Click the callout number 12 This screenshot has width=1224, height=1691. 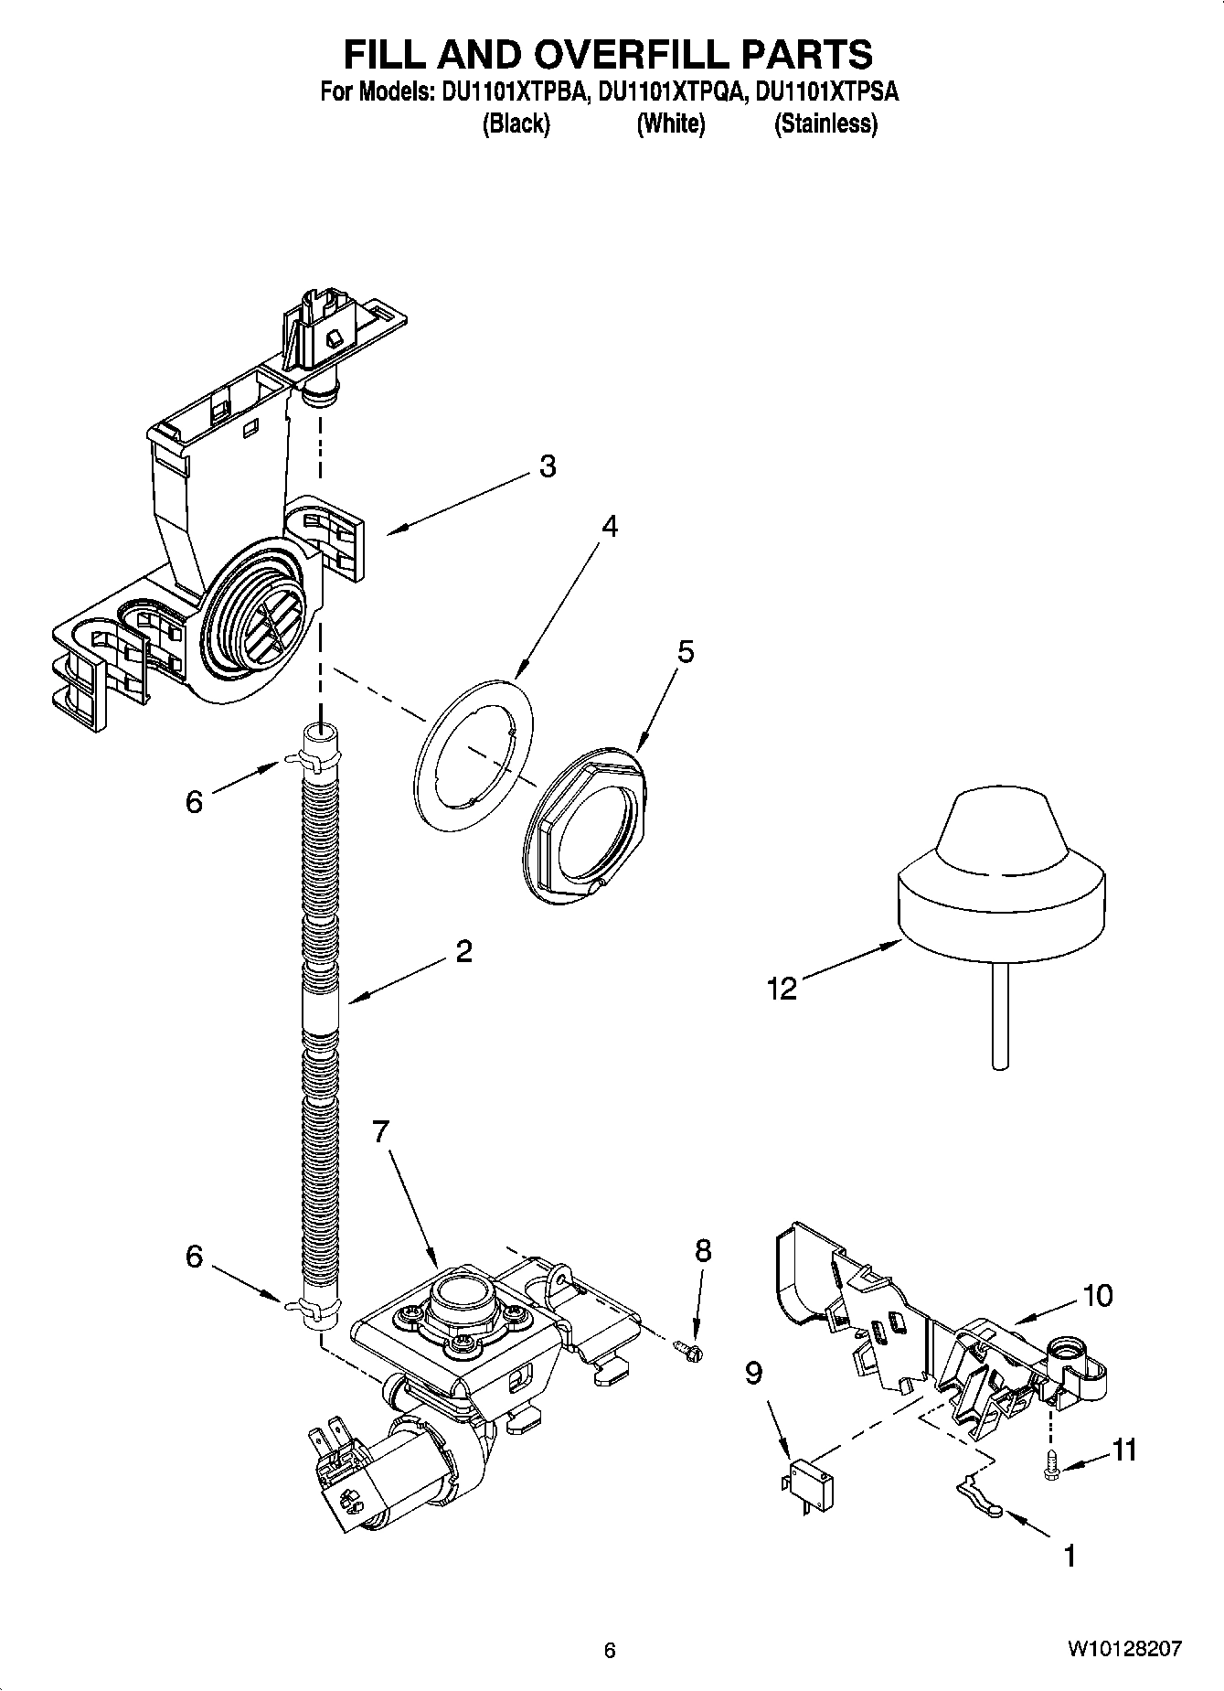pos(782,988)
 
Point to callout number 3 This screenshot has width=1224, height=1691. pos(547,466)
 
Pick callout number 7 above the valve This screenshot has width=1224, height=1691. pos(381,1132)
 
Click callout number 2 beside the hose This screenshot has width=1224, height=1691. pos(463,952)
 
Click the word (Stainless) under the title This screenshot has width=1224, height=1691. pos(825,123)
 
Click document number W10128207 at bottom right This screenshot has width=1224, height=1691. pos(1123,1650)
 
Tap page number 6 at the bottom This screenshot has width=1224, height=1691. pos(610,1650)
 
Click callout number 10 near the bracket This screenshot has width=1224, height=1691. pos(1097,1295)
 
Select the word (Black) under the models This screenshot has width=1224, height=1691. pos(516,123)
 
